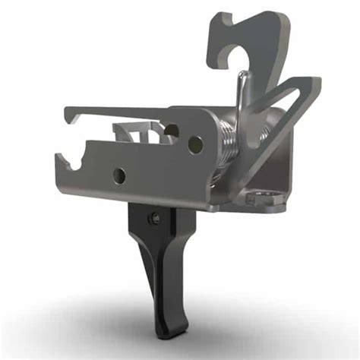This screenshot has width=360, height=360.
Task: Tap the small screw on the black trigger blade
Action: point(155,219)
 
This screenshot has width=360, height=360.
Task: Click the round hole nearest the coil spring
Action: point(196,141)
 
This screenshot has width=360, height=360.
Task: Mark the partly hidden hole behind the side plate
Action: point(173,131)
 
